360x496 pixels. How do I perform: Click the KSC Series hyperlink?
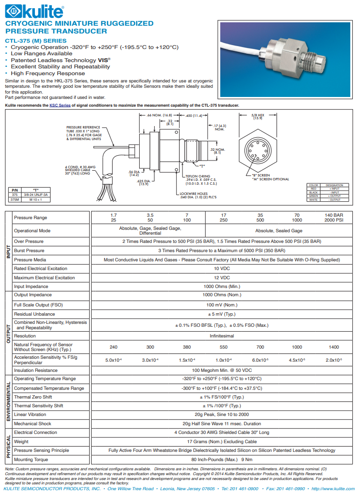pyautogui.click(x=60, y=105)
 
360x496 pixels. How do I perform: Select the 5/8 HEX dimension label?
pyautogui.click(x=257, y=116)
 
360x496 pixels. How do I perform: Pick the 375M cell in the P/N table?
pyautogui.click(x=15, y=199)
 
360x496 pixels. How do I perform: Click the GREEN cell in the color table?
pyautogui.click(x=313, y=195)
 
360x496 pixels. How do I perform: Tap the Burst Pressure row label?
pyautogui.click(x=29, y=251)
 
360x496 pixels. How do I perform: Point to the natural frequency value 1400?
pyautogui.click(x=333, y=347)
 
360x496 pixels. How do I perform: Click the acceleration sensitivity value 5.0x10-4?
pyautogui.click(x=114, y=360)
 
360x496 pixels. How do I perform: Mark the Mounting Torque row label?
pyautogui.click(x=31, y=460)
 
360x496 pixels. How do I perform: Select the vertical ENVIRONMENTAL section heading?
pyautogui.click(x=8, y=401)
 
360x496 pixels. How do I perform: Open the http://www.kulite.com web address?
pyautogui.click(x=333, y=489)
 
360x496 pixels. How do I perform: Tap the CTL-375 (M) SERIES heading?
pyautogui.click(x=35, y=41)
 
